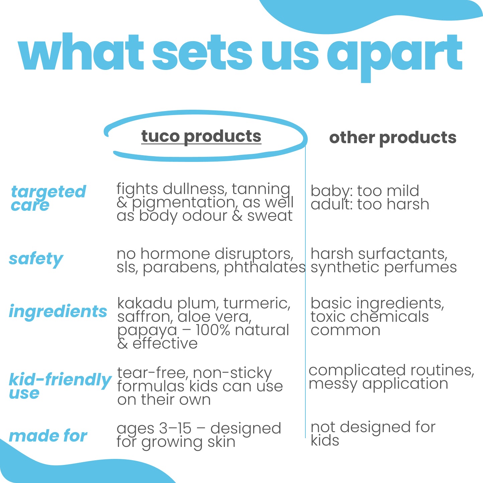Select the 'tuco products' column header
[x=201, y=137]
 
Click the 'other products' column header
[x=393, y=138]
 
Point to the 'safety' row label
[x=36, y=259]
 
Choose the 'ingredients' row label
[x=58, y=312]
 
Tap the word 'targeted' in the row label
[x=49, y=192]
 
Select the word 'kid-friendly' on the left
[x=60, y=380]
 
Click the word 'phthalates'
[x=265, y=268]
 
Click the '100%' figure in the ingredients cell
[x=213, y=330]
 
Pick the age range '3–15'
[x=176, y=428]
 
